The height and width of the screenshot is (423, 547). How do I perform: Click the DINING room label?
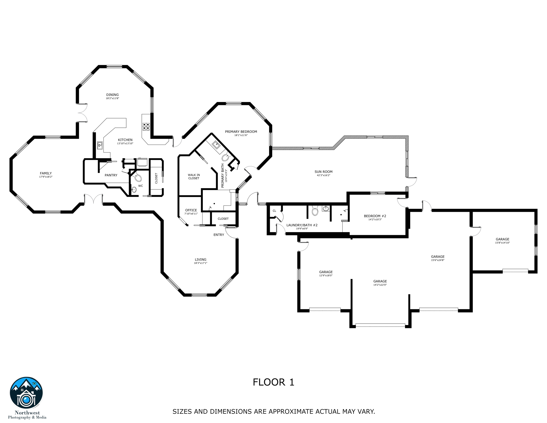112,95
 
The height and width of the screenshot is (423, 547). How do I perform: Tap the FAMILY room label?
46,173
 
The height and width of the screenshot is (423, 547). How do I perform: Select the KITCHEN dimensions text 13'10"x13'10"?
125,143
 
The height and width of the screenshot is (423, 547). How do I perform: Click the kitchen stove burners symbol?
146,127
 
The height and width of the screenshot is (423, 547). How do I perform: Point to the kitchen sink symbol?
100,145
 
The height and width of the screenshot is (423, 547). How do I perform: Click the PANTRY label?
111,175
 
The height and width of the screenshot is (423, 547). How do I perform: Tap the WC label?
141,186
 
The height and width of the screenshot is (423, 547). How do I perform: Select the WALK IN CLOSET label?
194,177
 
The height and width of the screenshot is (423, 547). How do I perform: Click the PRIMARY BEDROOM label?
241,132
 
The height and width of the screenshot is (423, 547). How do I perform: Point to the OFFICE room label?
191,210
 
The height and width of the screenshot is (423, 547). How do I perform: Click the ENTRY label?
219,235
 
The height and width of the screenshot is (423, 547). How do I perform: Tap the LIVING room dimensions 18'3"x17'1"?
200,263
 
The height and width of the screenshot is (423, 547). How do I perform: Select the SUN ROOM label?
323,172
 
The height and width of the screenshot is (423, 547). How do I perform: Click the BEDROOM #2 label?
375,216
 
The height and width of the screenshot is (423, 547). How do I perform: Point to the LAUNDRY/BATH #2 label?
302,225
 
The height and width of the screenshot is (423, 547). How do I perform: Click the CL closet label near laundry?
274,211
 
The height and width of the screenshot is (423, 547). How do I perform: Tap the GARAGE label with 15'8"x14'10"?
502,239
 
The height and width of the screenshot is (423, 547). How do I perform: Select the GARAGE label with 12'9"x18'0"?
326,272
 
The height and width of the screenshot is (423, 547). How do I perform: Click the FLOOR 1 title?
273,382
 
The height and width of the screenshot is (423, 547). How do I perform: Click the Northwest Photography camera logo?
26,393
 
